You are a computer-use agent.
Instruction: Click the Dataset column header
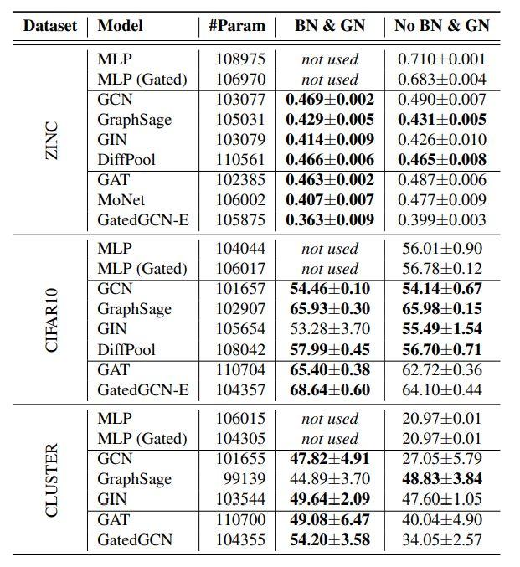(x=49, y=25)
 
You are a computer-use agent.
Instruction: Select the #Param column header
(x=236, y=25)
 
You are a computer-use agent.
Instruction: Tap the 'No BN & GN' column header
(x=442, y=25)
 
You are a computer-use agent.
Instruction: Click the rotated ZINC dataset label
(x=52, y=140)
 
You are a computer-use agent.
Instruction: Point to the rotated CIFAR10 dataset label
(x=52, y=319)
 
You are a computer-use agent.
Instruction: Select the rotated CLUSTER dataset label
(x=52, y=479)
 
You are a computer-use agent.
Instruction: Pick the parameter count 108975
(x=236, y=59)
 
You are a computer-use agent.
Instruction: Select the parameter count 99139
(x=241, y=479)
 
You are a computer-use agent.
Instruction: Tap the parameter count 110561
(x=236, y=160)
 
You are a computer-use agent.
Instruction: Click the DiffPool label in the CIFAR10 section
(x=126, y=349)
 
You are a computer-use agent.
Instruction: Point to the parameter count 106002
(x=236, y=200)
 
